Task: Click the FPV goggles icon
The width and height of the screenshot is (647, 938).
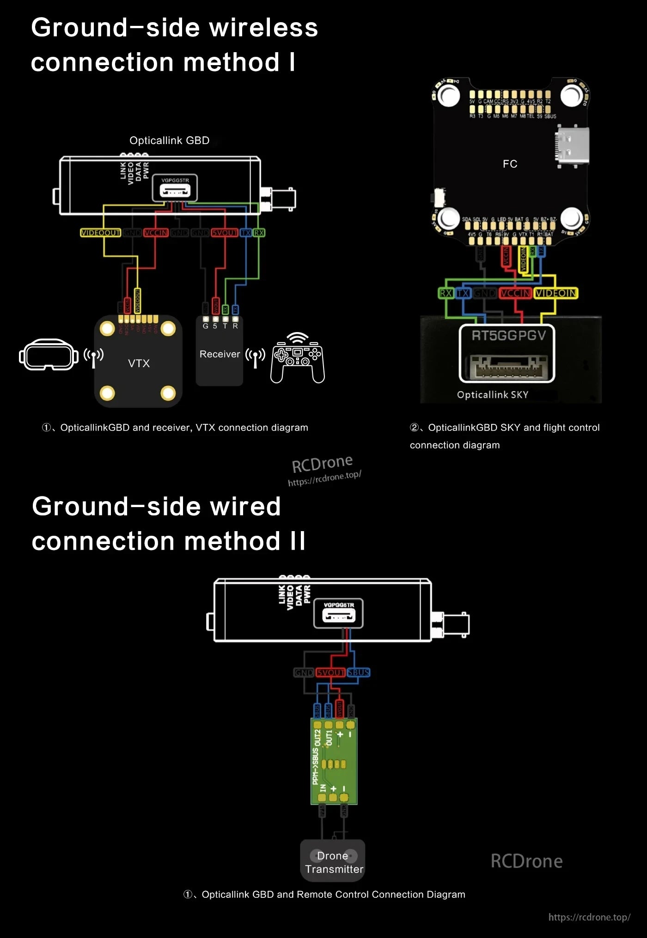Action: coord(48,355)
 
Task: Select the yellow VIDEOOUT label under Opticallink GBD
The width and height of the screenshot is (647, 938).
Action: coord(100,233)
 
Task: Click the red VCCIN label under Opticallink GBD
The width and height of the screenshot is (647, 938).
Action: coord(156,233)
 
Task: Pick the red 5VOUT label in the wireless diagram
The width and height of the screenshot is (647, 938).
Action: coord(225,233)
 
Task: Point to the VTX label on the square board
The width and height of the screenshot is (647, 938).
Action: coord(139,363)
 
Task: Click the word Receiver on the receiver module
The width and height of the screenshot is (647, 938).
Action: coord(220,354)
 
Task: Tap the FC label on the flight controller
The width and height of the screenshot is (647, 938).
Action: coord(510,164)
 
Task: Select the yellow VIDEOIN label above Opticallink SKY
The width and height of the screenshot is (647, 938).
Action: coord(555,293)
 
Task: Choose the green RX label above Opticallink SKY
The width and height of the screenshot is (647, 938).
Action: coord(446,293)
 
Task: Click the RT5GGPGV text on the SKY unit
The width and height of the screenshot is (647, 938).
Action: coord(508,336)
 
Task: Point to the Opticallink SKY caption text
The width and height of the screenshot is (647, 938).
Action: coord(492,395)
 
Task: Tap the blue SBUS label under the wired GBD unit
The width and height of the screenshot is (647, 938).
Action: coord(358,672)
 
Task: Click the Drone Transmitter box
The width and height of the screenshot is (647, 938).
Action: coord(333,862)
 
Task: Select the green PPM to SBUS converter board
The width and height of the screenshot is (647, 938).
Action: coord(334,761)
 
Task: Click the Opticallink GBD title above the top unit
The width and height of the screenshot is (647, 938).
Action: coord(169,140)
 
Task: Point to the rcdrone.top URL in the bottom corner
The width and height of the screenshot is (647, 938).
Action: coord(589,917)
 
